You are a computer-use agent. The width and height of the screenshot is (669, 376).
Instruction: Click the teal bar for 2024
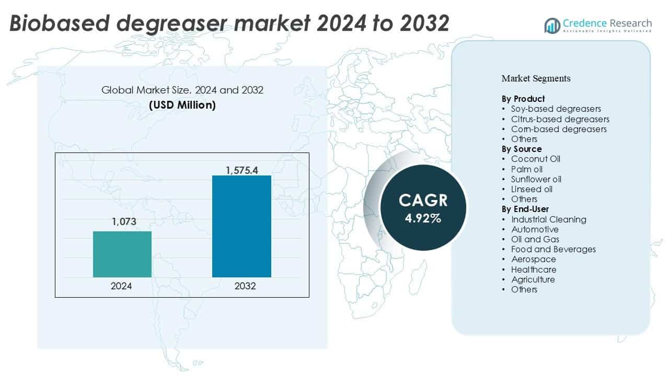point(122,254)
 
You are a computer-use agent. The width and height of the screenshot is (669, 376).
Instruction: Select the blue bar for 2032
point(241,226)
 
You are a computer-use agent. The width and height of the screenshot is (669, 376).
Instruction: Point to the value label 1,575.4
point(241,170)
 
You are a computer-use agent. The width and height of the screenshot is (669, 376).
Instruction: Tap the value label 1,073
point(123,222)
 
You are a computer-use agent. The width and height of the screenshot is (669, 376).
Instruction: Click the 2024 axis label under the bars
point(121,286)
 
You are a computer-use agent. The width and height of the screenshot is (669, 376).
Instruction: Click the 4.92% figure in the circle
point(423,218)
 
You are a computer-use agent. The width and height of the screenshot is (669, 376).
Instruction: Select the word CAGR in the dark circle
point(423,201)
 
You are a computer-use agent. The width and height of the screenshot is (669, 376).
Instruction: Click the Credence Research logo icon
point(552,25)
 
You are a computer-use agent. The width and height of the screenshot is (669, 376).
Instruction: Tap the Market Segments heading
point(536,78)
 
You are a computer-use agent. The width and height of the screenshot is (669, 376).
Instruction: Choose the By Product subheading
point(523,99)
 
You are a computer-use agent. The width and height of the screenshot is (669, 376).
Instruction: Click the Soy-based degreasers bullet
point(556,109)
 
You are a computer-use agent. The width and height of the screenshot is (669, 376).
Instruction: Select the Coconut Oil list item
point(535,159)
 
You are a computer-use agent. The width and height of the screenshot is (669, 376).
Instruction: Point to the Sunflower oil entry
point(536,179)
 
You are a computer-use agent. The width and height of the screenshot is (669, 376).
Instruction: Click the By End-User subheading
point(525,209)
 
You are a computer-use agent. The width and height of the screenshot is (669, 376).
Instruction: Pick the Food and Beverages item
point(553,249)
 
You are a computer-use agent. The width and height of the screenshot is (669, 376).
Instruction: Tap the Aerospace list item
point(533,259)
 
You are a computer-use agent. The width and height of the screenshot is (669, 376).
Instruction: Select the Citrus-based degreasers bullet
point(560,119)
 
